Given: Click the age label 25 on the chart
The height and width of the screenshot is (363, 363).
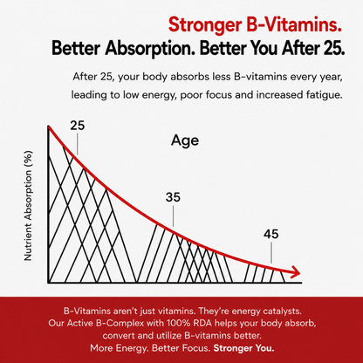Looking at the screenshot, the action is [x=78, y=126].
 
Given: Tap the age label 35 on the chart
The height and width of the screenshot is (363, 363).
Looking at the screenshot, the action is [x=173, y=197].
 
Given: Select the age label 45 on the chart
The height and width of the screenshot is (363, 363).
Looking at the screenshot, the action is [x=271, y=234].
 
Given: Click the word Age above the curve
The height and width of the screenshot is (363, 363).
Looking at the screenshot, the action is [x=185, y=141].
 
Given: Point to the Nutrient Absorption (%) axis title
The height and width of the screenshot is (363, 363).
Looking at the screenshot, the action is [x=28, y=206].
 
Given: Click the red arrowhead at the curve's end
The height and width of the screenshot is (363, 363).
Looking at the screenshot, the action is [x=295, y=272].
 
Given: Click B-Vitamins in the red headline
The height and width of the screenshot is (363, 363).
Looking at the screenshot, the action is [x=293, y=24].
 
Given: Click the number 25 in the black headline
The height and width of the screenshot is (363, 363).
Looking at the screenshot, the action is [x=335, y=48].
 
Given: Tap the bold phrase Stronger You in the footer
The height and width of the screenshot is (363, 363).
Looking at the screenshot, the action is [x=243, y=348].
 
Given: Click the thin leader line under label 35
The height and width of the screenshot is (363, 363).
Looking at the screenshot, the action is [x=173, y=216].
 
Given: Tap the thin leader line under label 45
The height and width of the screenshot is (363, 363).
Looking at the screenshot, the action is [x=271, y=253].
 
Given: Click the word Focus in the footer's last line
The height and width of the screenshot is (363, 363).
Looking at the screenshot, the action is [x=195, y=348].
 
